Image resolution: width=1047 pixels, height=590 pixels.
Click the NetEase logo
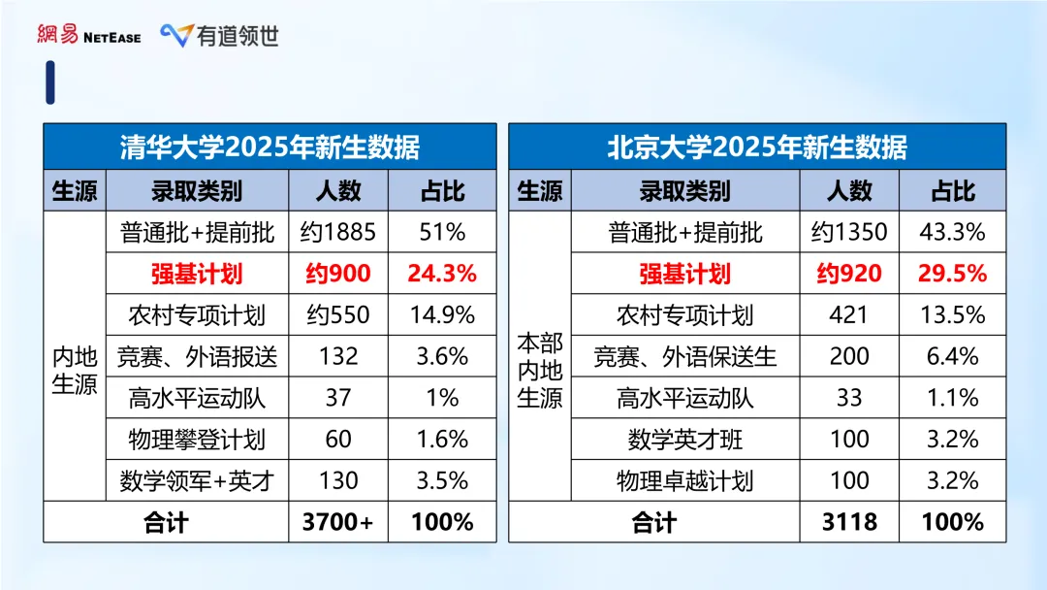pos(88,35)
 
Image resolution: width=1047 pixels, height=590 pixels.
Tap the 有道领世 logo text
pos(221,36)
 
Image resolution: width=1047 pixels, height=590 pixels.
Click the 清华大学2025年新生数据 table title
pos(270,147)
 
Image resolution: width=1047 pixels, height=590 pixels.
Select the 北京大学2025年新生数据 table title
pos(757,147)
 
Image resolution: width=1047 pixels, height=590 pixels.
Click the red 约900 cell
pos(338,274)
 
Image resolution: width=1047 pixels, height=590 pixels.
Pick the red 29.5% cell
pos(952,274)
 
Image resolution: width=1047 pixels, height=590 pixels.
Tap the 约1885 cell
pos(338,232)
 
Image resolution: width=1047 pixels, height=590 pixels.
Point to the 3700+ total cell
pos(338,522)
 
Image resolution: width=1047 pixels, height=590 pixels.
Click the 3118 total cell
pos(849,522)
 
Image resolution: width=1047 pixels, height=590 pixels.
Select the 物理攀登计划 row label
pos(197,440)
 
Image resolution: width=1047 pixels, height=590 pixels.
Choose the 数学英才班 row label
pos(685,440)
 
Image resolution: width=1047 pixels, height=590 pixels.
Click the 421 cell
pos(849,315)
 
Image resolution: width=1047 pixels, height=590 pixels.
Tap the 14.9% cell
pos(442,315)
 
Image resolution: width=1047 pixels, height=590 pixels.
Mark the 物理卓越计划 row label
pos(685,481)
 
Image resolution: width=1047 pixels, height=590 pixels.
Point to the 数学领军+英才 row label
pos(197,481)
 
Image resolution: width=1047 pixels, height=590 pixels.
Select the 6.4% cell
pos(952,356)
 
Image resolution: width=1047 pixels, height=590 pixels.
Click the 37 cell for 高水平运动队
pos(338,398)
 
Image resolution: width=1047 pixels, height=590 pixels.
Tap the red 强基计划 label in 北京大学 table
pos(685,274)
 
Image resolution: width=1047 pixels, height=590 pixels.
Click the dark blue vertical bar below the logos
pos(50,82)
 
